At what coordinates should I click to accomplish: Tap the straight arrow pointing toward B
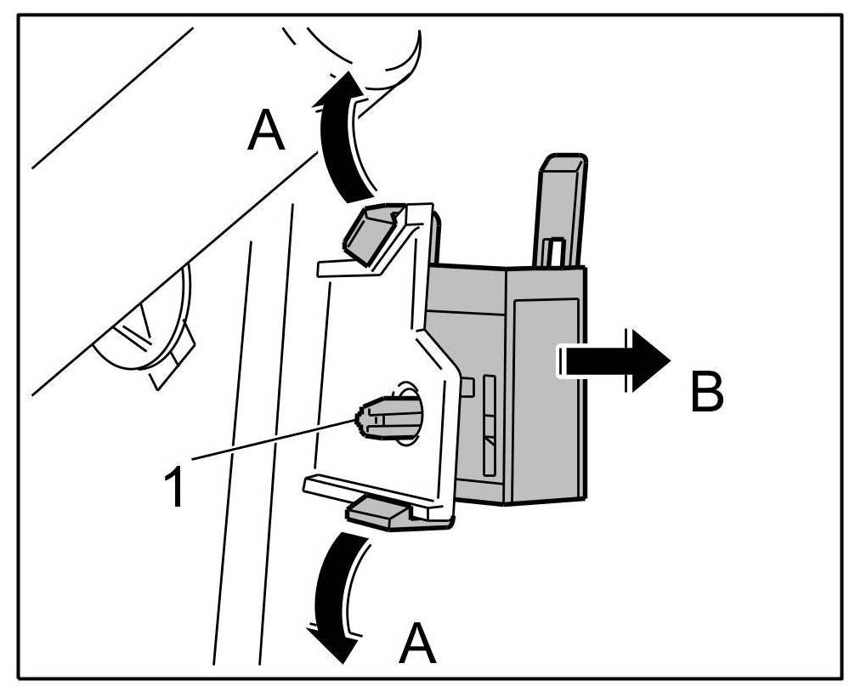click(x=612, y=360)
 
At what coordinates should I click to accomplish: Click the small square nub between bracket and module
click(x=466, y=388)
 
